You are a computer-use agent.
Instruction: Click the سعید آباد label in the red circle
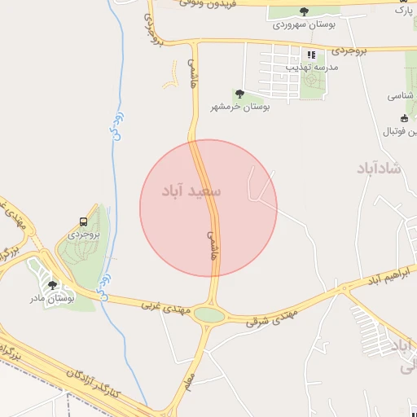tap(192, 191)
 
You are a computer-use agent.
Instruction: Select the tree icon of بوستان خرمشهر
tap(239, 94)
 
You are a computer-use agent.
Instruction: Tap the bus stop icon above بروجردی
tap(84, 222)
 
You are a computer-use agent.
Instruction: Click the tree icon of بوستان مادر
tap(53, 285)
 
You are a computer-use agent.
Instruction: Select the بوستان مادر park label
tap(53, 299)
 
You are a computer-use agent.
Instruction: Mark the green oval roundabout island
tap(209, 315)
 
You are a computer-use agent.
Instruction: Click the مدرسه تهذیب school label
tap(310, 68)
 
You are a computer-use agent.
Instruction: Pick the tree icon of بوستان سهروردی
tap(304, 12)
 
